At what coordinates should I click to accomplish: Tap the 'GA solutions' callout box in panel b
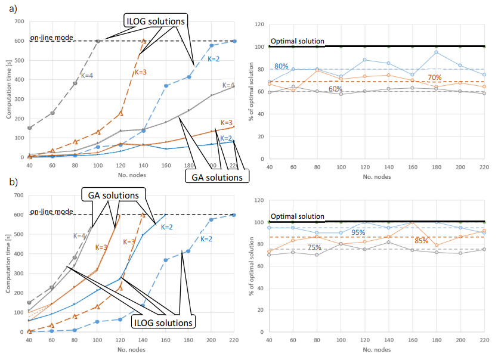[x=110, y=195]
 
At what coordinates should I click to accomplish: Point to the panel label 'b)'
[x=10, y=182]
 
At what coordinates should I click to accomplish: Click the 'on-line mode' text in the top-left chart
[x=52, y=38]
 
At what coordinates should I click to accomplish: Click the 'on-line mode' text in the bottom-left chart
[x=52, y=212]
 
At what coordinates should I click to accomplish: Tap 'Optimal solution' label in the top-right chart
[x=297, y=42]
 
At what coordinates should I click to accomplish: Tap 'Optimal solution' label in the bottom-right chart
[x=297, y=216]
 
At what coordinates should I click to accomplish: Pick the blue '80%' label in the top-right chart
[x=282, y=66]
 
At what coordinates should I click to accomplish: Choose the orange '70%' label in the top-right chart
[x=434, y=77]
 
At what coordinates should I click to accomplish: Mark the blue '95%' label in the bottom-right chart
[x=358, y=232]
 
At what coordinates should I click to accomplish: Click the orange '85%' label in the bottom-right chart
[x=421, y=241]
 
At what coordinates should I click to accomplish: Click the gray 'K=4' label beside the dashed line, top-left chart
[x=87, y=76]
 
